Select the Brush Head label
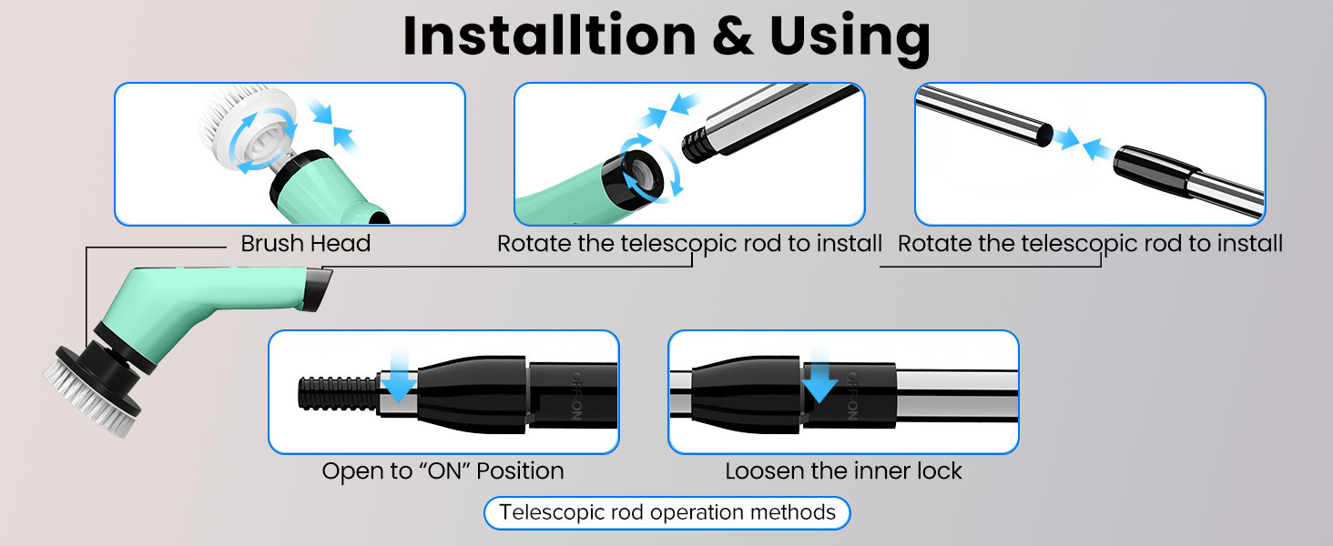tap(305, 244)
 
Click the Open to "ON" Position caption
tap(443, 471)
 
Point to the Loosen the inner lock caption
tap(843, 471)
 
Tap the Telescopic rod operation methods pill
tap(667, 512)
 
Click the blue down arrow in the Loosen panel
tap(819, 378)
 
